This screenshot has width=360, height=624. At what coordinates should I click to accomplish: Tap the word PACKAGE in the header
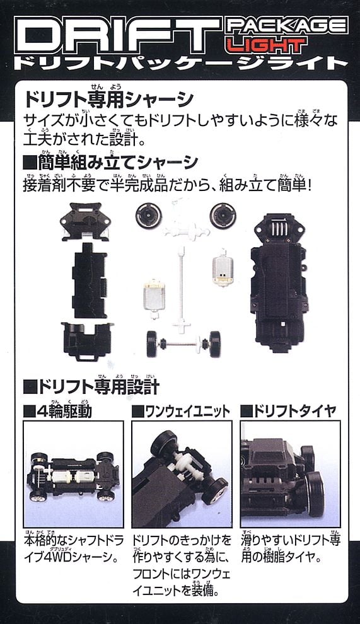click(x=287, y=26)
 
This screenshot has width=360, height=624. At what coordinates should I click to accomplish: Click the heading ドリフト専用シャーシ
click(x=108, y=99)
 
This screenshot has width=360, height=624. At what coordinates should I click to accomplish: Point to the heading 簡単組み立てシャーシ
click(x=111, y=163)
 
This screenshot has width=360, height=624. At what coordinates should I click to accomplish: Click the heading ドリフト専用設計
click(x=91, y=386)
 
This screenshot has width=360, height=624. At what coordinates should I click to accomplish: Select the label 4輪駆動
click(x=58, y=411)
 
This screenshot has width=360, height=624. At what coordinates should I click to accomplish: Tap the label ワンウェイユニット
click(x=181, y=412)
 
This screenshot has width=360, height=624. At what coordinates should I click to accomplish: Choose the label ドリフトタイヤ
click(x=289, y=411)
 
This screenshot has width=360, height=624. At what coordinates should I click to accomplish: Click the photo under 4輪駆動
click(x=73, y=474)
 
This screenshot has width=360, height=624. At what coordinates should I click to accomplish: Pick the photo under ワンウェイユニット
click(x=182, y=474)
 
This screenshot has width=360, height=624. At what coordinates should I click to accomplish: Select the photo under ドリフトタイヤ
click(x=290, y=474)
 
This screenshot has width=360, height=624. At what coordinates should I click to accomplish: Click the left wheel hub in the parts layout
click(x=149, y=216)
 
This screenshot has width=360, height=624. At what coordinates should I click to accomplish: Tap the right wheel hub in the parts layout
click(x=223, y=216)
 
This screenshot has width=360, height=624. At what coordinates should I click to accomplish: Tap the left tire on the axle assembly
click(x=153, y=344)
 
